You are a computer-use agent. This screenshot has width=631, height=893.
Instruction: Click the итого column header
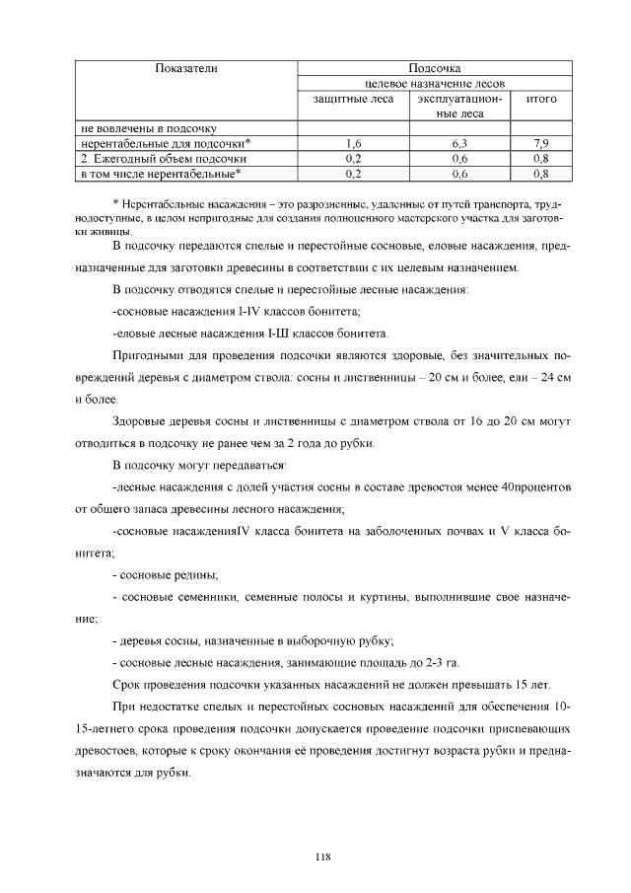click(x=540, y=99)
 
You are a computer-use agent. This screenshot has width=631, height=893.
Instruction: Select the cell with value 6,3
click(x=459, y=143)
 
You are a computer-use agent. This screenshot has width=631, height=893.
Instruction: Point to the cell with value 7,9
click(x=540, y=143)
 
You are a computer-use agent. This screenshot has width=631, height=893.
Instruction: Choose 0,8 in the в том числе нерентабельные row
click(x=540, y=174)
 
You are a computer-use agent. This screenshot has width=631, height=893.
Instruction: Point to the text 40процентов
click(x=536, y=487)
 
